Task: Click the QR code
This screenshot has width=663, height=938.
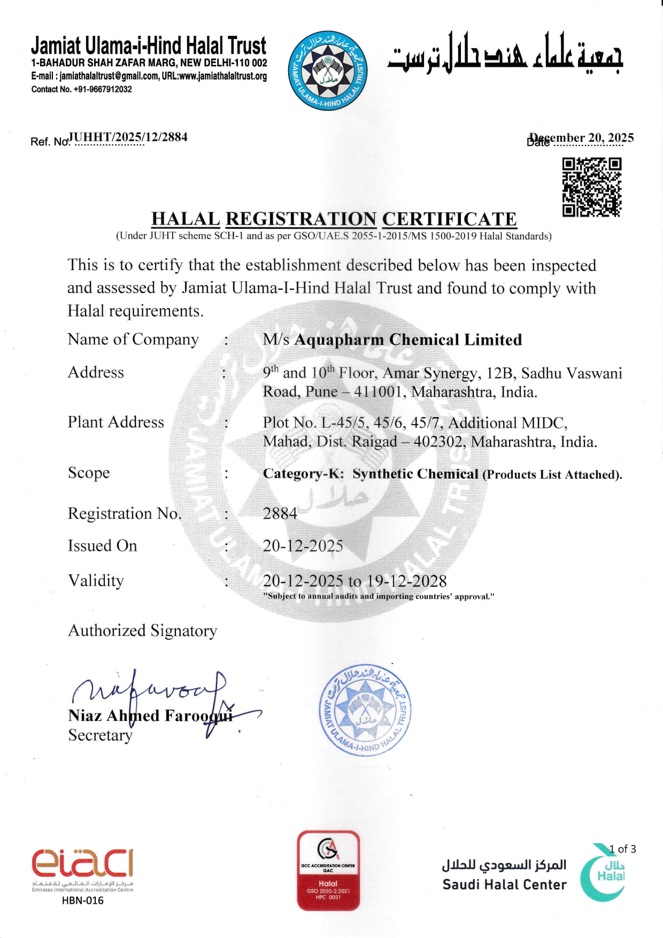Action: (591, 187)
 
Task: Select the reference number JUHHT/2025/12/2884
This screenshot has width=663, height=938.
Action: (129, 137)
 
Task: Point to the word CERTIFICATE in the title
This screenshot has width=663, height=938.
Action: (449, 219)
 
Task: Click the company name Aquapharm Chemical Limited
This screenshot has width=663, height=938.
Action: (408, 340)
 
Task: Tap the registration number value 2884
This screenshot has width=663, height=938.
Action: (280, 513)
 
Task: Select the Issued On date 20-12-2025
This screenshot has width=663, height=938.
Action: (303, 546)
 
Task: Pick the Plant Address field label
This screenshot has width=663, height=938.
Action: (115, 422)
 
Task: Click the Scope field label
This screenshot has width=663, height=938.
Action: (89, 473)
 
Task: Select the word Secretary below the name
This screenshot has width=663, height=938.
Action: (100, 735)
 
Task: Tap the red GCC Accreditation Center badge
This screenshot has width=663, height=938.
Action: (328, 870)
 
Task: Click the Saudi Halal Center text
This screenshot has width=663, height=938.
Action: (504, 885)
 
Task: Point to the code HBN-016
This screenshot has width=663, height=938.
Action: (82, 900)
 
